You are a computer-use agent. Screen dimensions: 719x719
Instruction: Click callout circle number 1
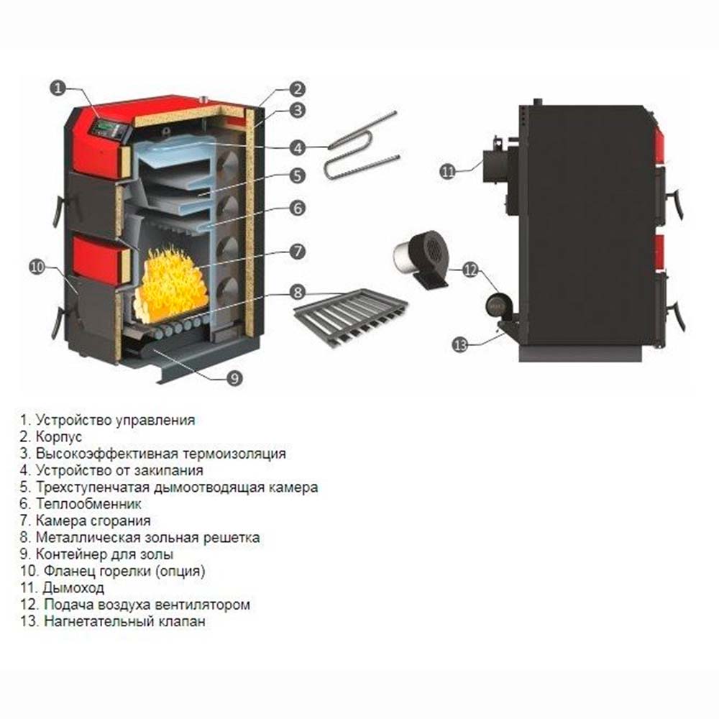click(x=58, y=88)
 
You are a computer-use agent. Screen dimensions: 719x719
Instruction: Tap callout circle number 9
click(x=234, y=377)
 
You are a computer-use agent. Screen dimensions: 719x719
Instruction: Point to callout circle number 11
click(x=448, y=171)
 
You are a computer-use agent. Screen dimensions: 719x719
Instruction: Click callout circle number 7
click(x=296, y=252)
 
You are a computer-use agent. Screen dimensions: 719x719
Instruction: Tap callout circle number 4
click(x=296, y=147)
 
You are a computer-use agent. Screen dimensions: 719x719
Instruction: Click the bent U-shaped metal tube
click(x=359, y=147)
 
